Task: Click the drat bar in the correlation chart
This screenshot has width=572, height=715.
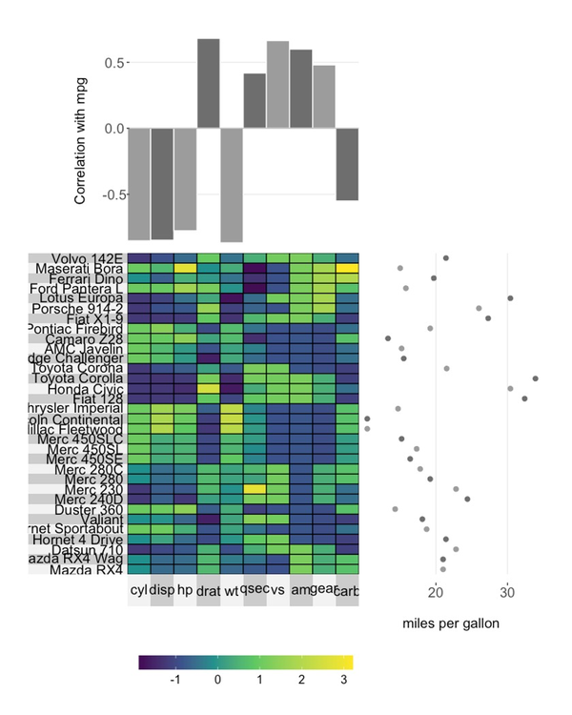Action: [209, 84]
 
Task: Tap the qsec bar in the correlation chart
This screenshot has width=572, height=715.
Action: [255, 101]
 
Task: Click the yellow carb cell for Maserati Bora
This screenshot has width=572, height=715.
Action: [347, 268]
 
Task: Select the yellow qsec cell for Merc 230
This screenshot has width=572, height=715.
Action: [255, 489]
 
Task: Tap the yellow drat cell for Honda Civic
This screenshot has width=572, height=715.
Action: [209, 389]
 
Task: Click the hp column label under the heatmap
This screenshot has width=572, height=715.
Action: [185, 591]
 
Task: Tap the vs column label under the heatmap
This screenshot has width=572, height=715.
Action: [277, 591]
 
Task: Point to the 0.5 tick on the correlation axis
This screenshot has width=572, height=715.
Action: [113, 63]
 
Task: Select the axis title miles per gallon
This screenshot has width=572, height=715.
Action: [451, 623]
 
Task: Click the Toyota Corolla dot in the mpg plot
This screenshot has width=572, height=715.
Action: [536, 378]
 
